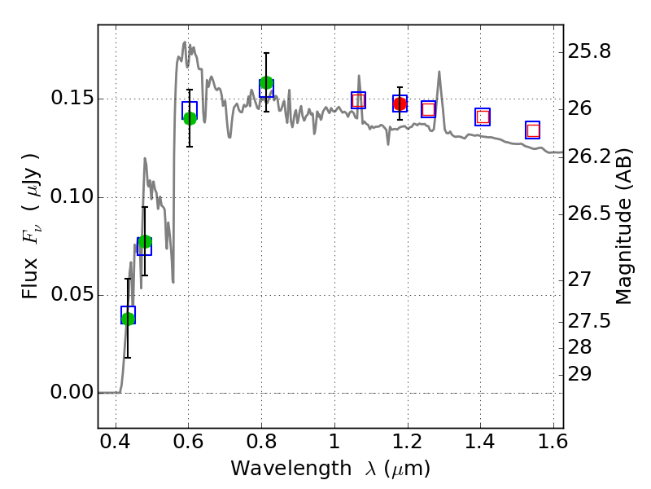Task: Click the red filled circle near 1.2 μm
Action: pos(400,104)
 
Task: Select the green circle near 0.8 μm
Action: pos(266,83)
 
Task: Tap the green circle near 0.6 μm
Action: pos(190,118)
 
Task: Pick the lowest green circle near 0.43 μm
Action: pos(128,319)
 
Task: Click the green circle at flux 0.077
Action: pos(145,242)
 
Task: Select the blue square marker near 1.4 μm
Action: pos(483,117)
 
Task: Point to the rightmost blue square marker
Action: pos(533,130)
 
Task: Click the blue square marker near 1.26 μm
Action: pos(428,109)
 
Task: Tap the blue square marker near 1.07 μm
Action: pos(358,100)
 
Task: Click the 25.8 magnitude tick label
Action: pos(593,52)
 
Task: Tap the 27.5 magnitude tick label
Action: pos(593,321)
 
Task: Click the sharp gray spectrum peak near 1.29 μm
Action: pos(439,73)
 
